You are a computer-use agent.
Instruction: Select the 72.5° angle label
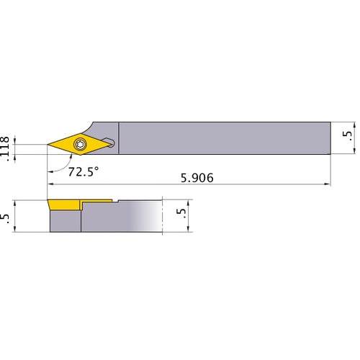pyautogui.click(x=83, y=173)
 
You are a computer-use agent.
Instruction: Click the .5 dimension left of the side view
pyautogui.click(x=7, y=216)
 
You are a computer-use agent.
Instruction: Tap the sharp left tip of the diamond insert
pyautogui.click(x=48, y=145)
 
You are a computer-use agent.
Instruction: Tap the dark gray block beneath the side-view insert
pyautogui.click(x=65, y=222)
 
